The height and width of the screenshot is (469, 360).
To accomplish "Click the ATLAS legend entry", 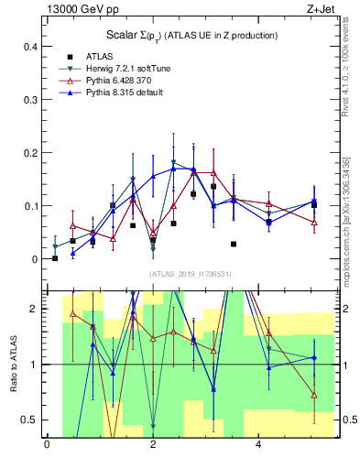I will coord(99,56).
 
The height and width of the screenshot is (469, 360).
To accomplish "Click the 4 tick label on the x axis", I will coord(258,445).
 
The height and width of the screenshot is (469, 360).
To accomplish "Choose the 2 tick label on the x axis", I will coord(153,445).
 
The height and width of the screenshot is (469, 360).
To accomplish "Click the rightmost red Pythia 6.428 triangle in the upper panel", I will coord(314,223).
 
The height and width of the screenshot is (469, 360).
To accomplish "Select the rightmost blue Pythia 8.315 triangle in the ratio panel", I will coord(314,358).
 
